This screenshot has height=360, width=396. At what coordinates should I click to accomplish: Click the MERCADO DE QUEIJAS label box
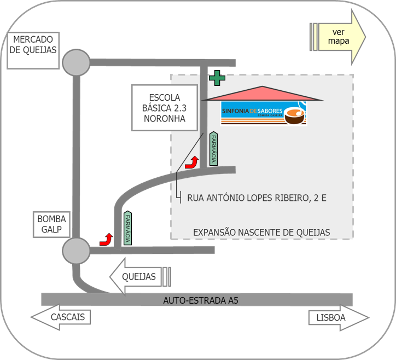[x=33, y=50]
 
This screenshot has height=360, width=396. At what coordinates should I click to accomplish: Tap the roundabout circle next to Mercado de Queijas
[x=76, y=62]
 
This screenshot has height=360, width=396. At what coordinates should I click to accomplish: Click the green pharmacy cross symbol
[x=217, y=78]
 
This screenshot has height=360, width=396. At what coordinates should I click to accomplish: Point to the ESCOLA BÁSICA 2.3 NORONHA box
[x=165, y=108]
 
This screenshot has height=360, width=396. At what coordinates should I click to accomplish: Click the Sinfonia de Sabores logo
[x=264, y=113]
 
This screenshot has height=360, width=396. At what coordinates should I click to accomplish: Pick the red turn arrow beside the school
[x=193, y=162]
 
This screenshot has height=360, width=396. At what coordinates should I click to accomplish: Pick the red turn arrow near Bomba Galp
[x=106, y=239]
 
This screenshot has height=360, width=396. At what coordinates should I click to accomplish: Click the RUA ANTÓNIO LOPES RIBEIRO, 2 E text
[x=257, y=198]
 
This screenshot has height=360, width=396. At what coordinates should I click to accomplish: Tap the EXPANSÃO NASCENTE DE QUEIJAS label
[x=261, y=233]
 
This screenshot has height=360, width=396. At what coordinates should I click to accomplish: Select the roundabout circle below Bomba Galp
[x=76, y=251]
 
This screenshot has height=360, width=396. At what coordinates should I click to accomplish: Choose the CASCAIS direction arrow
[x=61, y=317]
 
